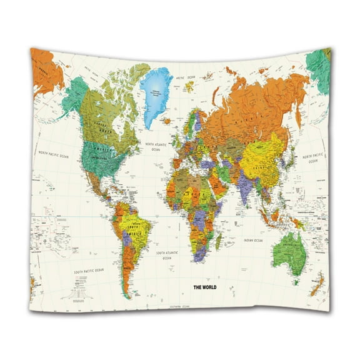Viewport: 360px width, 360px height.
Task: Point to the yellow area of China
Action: [262, 157]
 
